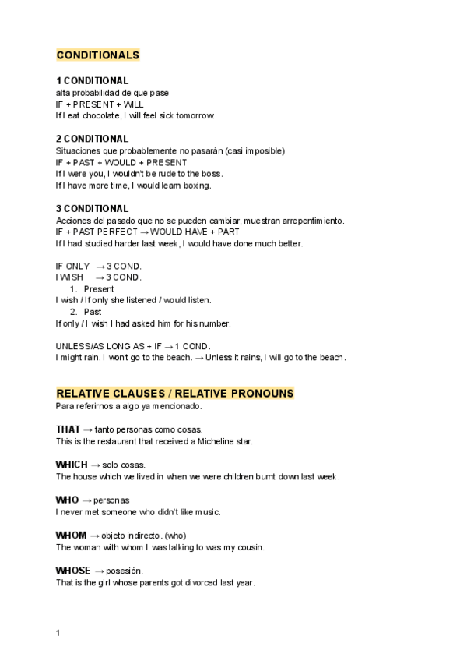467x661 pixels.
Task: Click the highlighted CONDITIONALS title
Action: [98, 55]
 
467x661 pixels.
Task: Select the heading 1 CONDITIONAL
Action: [92, 81]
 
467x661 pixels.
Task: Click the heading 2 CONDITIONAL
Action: [92, 139]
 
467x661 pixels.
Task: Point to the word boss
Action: [211, 174]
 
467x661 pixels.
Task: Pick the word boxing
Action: [195, 186]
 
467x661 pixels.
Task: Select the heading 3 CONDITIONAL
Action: [92, 209]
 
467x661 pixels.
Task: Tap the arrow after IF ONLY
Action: [100, 266]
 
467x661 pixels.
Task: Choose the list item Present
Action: [99, 288]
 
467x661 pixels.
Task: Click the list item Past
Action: [93, 312]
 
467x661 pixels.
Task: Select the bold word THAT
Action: [68, 429]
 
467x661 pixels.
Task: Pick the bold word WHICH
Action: [71, 465]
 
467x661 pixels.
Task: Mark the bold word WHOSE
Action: [73, 571]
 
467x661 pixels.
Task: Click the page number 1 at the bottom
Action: [58, 633]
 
